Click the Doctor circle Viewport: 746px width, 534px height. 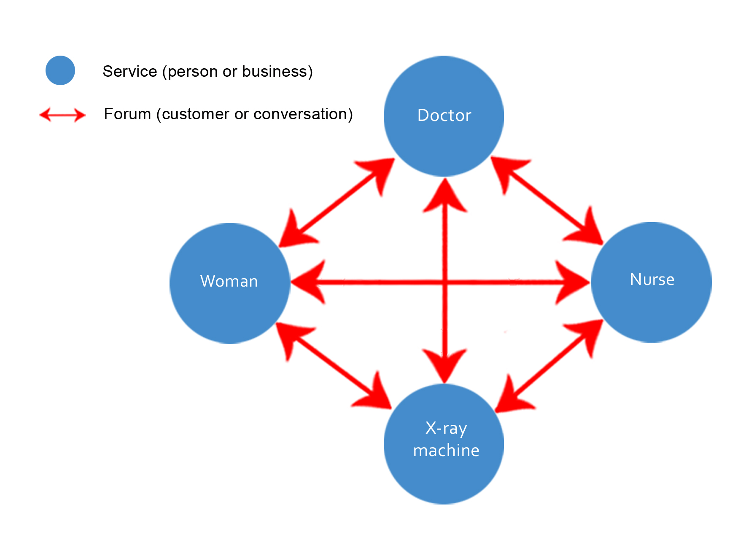coord(444,116)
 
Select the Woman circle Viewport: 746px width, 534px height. coord(230,283)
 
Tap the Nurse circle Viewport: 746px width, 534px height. coord(652,282)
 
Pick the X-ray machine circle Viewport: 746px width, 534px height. coord(444,444)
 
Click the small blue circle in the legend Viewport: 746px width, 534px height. coord(60,70)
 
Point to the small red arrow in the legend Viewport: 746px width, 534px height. coord(62,115)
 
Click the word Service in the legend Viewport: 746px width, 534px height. coord(130,72)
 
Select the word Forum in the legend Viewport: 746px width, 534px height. coord(127,114)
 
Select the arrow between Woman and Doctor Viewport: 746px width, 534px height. coord(337,202)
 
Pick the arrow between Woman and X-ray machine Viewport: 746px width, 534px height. coord(334,366)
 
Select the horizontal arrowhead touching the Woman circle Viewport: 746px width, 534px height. coord(308,282)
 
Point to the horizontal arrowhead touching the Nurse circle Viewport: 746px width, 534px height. coord(572,282)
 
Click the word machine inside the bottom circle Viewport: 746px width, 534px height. coord(446,451)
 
